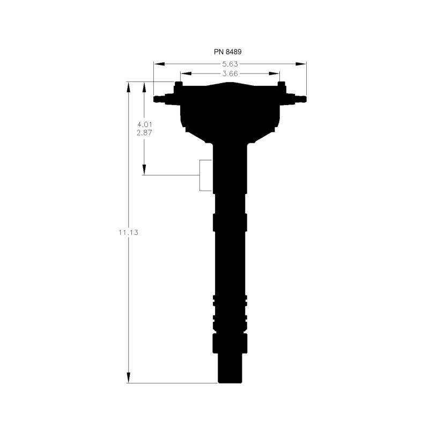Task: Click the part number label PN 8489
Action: point(227,51)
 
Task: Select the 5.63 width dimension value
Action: point(230,64)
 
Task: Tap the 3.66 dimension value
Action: point(230,73)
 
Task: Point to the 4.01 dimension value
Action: point(144,124)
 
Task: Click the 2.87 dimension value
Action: point(144,133)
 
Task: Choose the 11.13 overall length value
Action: point(128,233)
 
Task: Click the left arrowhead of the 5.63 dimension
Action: point(159,64)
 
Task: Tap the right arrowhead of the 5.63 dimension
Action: point(300,64)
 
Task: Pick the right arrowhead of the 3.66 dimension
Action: point(274,73)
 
